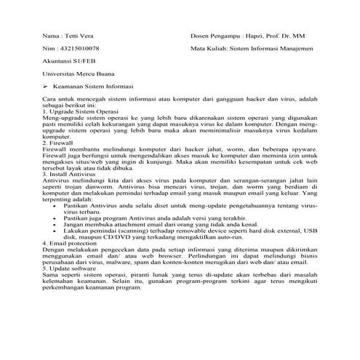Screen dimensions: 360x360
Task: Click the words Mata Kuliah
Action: point(209,49)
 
